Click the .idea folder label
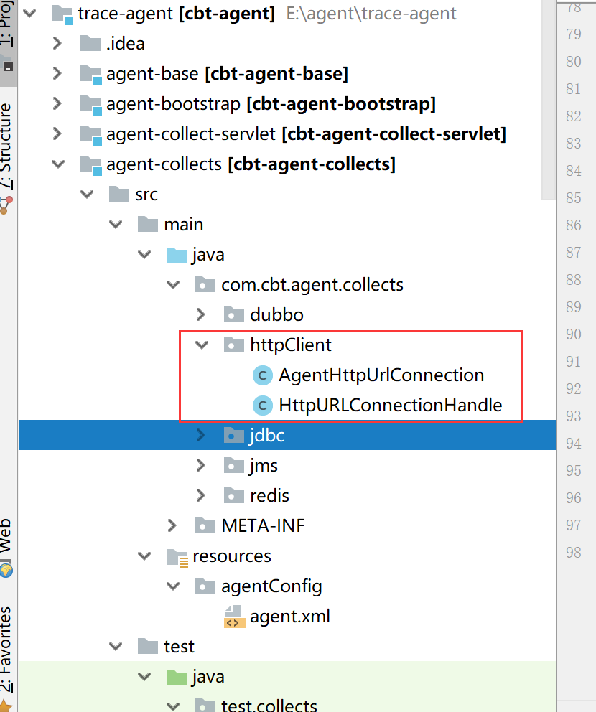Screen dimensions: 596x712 [x=126, y=44]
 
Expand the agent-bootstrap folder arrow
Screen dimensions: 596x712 [x=57, y=103]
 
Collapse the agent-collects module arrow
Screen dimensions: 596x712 [x=58, y=164]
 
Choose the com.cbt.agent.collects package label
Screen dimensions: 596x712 [x=312, y=285]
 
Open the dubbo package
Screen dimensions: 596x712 [x=276, y=314]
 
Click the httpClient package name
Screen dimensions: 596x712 [x=291, y=345]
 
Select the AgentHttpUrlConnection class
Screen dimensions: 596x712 [x=381, y=375]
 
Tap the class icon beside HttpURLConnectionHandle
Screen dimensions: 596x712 [x=263, y=406]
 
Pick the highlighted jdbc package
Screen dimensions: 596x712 [x=266, y=436]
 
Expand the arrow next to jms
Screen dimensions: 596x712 [x=201, y=465]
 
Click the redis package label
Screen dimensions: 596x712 [x=269, y=495]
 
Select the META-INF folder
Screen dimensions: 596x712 [x=263, y=526]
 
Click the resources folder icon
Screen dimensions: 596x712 [x=177, y=557]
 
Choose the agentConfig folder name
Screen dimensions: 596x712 [x=271, y=586]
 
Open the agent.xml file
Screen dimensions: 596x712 [x=290, y=617]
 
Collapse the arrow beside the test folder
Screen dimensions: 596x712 [x=116, y=646]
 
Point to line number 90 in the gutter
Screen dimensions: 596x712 [x=573, y=334]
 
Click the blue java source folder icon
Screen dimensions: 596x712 [x=177, y=256]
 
